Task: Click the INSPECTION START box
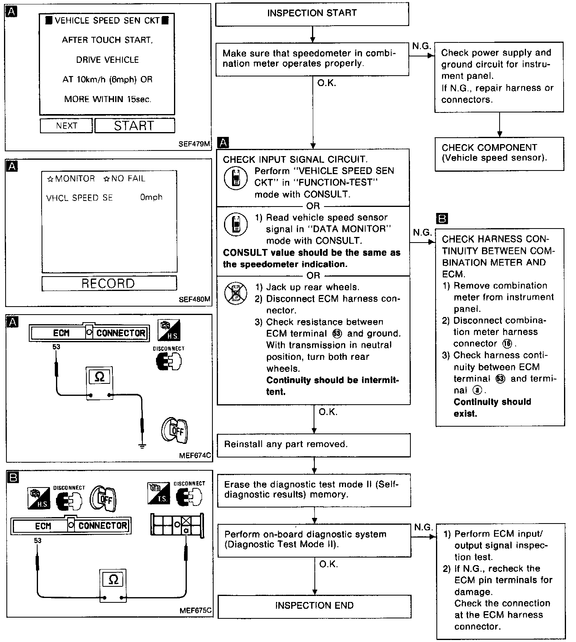coord(312,14)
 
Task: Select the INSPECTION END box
coord(314,606)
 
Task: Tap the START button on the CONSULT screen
coord(134,126)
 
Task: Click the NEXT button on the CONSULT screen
coord(66,126)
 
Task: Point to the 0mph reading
coord(151,197)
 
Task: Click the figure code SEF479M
coord(194,144)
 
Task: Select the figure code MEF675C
coord(196,611)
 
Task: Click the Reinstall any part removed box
coord(314,444)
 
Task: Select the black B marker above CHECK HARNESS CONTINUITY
coord(442,219)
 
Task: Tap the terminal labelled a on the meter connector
coord(186,530)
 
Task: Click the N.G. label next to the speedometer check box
coord(422,46)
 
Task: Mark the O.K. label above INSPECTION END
coord(328,564)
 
